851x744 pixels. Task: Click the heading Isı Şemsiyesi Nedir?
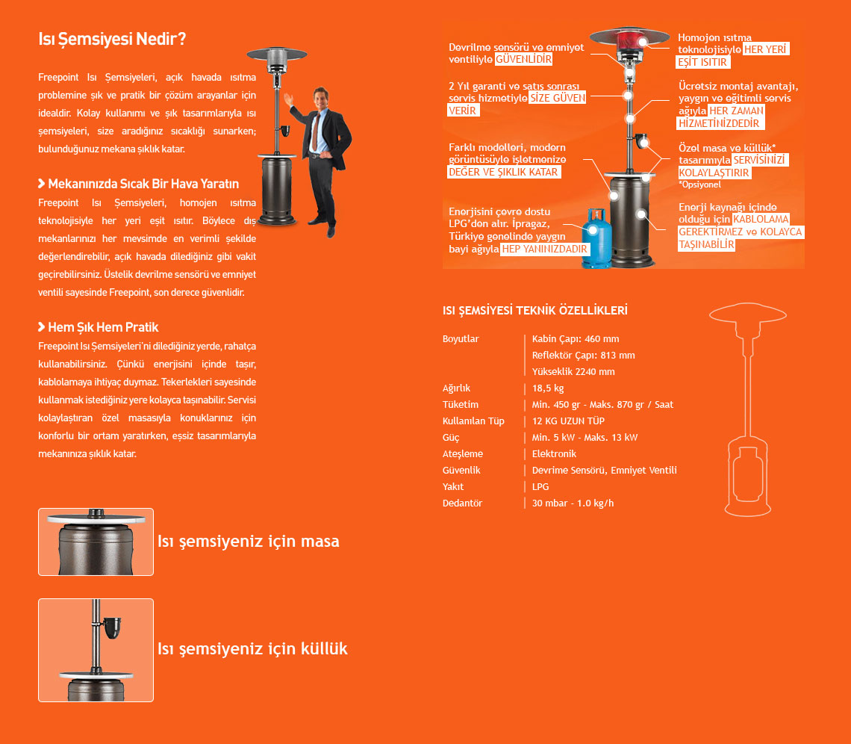point(112,39)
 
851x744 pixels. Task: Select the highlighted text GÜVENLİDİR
point(524,59)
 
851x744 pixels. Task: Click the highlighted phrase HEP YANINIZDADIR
point(544,249)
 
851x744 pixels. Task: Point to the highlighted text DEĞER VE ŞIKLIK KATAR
point(504,172)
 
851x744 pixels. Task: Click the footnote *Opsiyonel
point(700,185)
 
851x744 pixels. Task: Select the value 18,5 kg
point(548,388)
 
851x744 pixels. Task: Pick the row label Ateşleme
point(463,453)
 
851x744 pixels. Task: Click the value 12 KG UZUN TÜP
point(568,421)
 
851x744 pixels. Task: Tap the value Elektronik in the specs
point(554,453)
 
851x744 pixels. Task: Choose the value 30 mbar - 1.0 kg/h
point(573,503)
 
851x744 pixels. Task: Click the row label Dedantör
point(462,503)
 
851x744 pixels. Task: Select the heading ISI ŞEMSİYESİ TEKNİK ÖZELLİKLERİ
point(534,310)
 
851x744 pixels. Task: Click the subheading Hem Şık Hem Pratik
point(103,327)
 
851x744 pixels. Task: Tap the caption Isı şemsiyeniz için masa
point(248,541)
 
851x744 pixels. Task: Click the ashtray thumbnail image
point(96,650)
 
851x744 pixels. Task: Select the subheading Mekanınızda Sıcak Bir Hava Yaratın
point(143,184)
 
